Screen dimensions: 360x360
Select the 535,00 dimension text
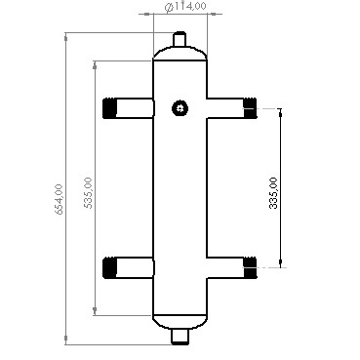pos(88,192)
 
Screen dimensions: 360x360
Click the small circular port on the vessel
pos(179,108)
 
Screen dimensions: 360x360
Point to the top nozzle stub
pos(180,39)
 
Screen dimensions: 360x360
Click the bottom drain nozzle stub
pos(180,337)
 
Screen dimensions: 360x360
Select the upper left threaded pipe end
pos(109,107)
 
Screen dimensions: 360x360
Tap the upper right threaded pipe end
pos(250,107)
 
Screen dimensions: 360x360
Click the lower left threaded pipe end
pos(109,266)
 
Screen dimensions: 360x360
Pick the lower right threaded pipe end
pos(250,264)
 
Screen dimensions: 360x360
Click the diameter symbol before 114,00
pos(170,8)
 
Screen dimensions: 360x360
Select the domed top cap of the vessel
pos(180,55)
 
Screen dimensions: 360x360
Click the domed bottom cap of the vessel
pos(180,320)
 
